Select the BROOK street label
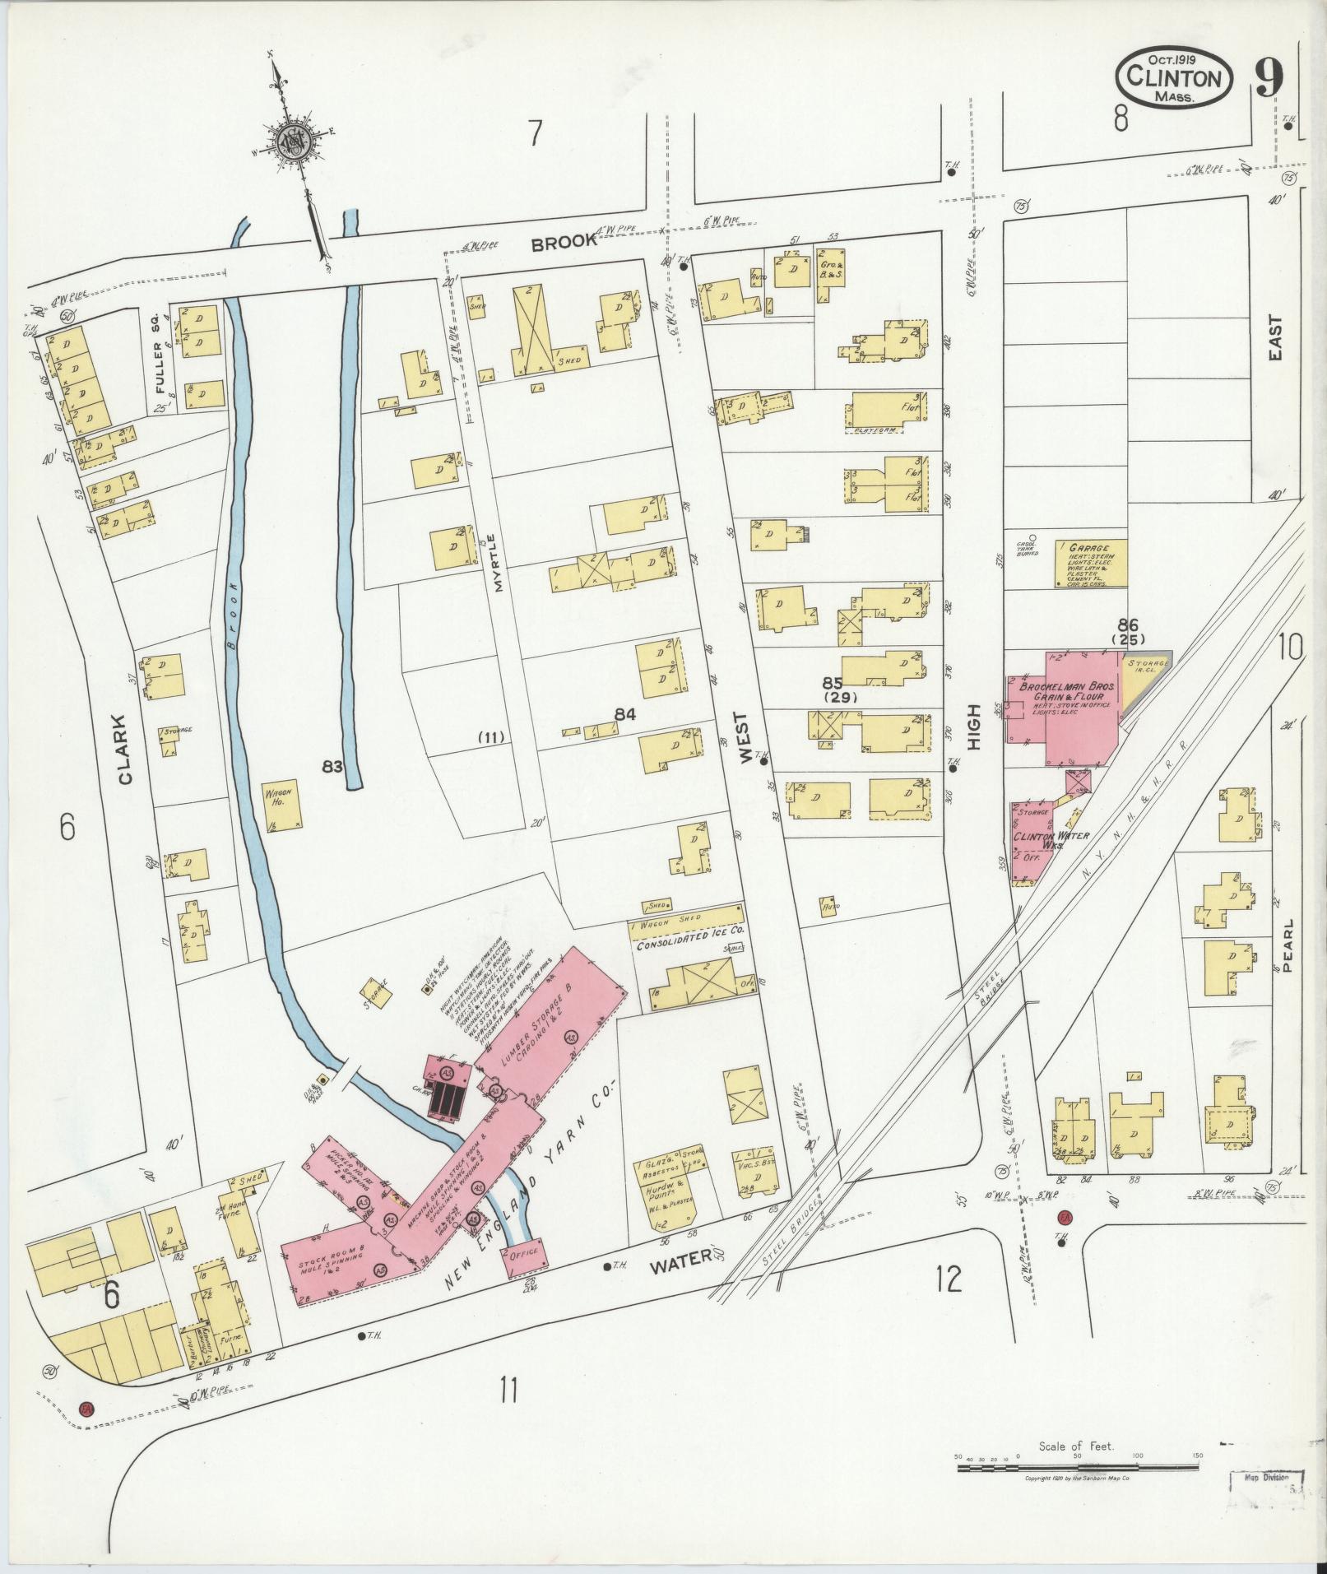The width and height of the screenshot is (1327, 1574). click(x=563, y=243)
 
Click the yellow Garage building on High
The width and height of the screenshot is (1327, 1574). click(x=1091, y=564)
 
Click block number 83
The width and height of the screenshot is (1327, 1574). click(x=332, y=767)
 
